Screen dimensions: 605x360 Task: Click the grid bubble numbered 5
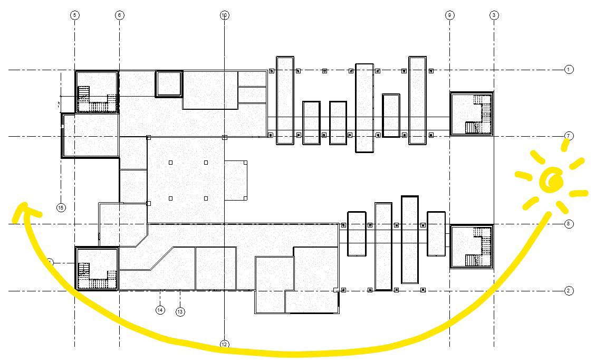tap(75, 15)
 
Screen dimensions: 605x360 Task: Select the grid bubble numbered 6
tap(119, 15)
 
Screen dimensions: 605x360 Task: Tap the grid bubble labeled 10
tap(224, 15)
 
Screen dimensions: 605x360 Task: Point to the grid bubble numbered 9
tap(449, 15)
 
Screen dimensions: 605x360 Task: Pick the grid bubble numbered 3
tap(494, 15)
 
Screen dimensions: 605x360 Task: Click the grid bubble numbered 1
tap(569, 69)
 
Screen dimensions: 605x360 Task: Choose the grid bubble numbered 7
tap(569, 136)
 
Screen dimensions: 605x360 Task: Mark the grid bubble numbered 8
tap(569, 224)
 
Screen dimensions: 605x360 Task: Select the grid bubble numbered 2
tap(569, 291)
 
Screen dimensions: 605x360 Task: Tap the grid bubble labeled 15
tap(61, 207)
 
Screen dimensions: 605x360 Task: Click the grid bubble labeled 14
tap(160, 310)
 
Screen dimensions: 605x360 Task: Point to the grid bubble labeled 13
tap(180, 312)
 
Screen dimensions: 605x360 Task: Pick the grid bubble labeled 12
tap(224, 344)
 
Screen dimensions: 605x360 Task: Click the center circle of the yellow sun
tap(554, 181)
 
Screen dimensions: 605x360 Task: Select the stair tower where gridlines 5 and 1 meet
tap(97, 92)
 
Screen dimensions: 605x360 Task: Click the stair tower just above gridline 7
tap(471, 113)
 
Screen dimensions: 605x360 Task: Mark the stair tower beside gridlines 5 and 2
tap(97, 269)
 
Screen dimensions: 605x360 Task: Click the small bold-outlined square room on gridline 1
tap(169, 84)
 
